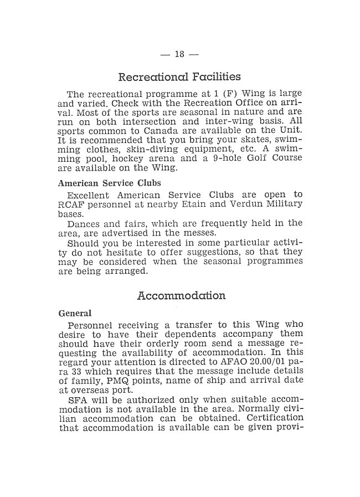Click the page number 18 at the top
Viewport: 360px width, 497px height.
click(x=179, y=54)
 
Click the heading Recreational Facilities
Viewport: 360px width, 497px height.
click(x=179, y=76)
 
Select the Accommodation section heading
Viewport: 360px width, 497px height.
click(x=181, y=296)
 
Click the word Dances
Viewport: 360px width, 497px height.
click(x=83, y=224)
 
